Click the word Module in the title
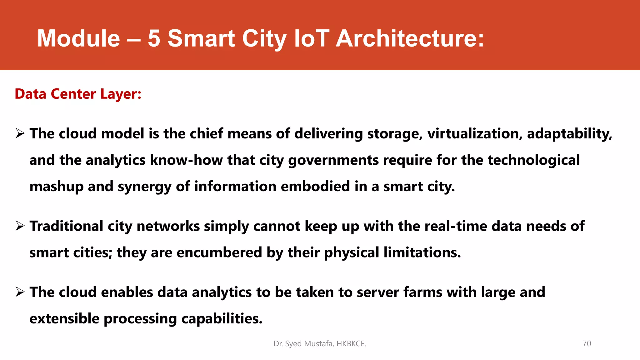click(78, 38)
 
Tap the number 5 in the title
click(154, 38)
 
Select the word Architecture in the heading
click(410, 38)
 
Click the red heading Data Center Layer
click(78, 94)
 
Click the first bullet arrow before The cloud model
click(20, 134)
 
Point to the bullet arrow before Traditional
click(20, 226)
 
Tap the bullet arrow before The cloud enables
click(20, 292)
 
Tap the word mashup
click(56, 187)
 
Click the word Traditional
click(66, 226)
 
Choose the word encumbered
click(219, 252)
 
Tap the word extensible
click(64, 319)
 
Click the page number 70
click(587, 343)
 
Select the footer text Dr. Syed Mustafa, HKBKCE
click(320, 343)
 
